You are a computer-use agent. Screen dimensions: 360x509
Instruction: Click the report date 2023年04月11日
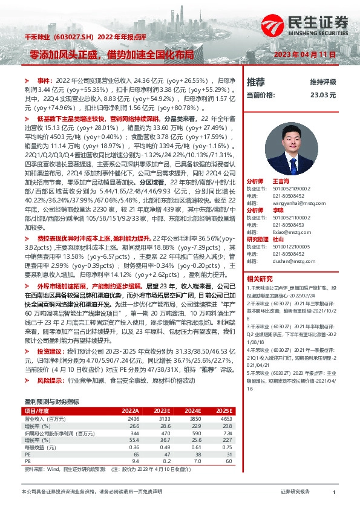(x=309, y=55)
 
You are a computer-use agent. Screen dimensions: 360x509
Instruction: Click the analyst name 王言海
(x=280, y=181)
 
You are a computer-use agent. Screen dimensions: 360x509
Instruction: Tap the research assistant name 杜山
(x=279, y=240)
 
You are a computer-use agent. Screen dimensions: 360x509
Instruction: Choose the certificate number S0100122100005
(x=293, y=247)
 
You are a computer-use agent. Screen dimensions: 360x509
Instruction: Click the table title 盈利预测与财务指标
(x=51, y=401)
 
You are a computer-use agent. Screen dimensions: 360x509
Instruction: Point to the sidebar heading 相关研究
(x=259, y=279)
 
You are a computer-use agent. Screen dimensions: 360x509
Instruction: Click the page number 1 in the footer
(x=334, y=493)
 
